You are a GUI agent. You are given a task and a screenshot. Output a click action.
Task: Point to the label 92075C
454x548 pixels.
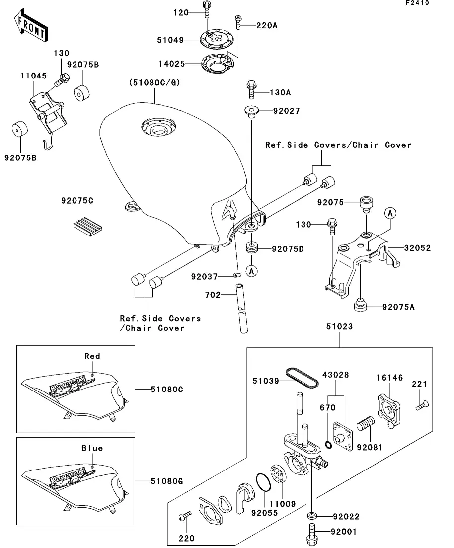pyautogui.click(x=77, y=201)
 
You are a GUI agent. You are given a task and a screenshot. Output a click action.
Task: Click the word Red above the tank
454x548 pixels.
pyautogui.click(x=92, y=356)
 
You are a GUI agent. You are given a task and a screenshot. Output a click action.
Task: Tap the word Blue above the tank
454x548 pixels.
pyautogui.click(x=92, y=448)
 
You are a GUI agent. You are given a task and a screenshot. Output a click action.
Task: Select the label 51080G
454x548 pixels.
pyautogui.click(x=167, y=481)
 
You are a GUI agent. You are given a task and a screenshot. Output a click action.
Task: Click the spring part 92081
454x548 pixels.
pyautogui.click(x=367, y=427)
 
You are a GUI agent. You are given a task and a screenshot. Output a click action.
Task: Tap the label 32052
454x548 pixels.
pyautogui.click(x=417, y=248)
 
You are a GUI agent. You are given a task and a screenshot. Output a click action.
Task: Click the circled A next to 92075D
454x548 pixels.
pyautogui.click(x=252, y=271)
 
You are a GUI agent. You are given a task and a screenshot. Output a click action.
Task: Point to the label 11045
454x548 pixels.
pyautogui.click(x=34, y=76)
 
